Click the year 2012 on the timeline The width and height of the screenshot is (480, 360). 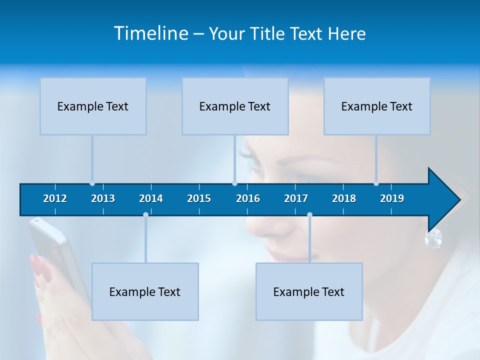coord(55,198)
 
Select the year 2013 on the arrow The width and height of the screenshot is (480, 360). coord(103,198)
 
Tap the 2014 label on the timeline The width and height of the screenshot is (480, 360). coord(151,198)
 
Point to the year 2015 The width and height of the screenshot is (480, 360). coord(199,198)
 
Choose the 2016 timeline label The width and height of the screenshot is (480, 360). coord(248,198)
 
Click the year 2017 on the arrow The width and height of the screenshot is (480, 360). coord(296,198)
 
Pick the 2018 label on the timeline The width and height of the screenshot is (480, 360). coord(344,198)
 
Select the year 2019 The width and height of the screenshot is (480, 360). coord(392,198)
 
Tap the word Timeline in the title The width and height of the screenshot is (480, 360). coord(151,33)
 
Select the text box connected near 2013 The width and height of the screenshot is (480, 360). coord(93,106)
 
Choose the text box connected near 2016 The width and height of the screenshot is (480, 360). coord(235,106)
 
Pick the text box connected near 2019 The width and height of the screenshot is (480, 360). coord(377,106)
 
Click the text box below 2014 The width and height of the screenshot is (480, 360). coord(145,291)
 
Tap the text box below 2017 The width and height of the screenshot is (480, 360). coord(309,291)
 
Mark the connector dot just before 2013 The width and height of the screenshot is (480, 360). coord(92,183)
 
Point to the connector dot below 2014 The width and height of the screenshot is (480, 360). coord(145,215)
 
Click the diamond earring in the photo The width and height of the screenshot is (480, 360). coord(433,238)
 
